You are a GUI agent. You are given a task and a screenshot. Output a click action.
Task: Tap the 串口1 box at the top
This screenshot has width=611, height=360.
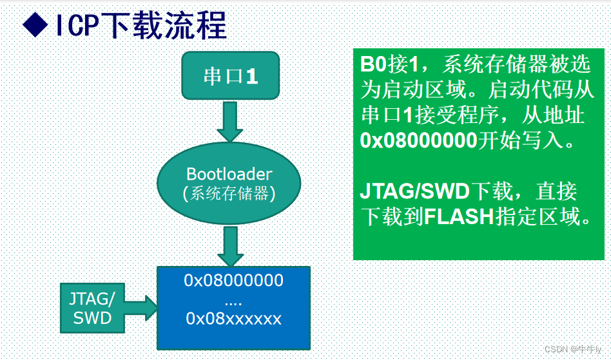230,77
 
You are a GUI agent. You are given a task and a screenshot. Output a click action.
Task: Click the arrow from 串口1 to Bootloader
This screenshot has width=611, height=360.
230,122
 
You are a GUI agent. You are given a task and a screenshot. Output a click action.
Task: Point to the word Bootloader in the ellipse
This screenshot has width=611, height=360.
229,174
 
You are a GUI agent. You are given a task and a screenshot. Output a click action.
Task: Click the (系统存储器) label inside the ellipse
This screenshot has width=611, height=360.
229,194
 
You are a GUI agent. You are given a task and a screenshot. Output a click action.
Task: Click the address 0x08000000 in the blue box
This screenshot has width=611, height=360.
233,281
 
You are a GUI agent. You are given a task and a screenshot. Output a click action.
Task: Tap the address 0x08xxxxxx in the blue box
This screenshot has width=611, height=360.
233,318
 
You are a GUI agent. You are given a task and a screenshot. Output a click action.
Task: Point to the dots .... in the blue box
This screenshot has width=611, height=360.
233,300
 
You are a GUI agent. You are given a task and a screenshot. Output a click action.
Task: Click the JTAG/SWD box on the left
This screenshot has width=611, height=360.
92,308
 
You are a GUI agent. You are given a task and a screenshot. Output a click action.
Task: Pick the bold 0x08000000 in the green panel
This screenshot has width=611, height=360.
418,140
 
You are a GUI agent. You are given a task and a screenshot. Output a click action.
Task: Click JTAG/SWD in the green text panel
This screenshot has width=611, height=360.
415,191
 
